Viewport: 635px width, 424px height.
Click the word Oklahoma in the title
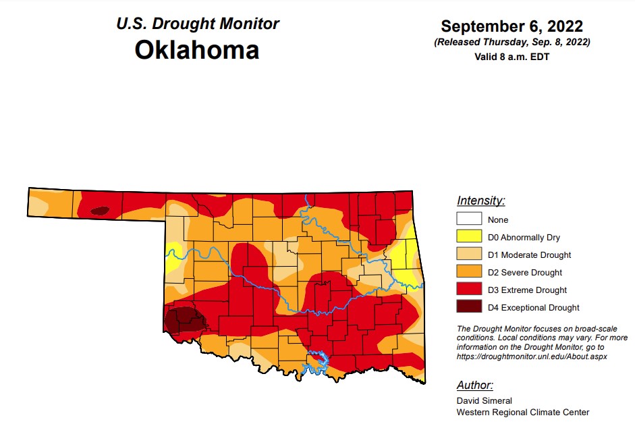click(196, 50)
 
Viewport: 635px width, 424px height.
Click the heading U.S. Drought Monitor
click(198, 24)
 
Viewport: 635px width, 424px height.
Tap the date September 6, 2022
click(512, 26)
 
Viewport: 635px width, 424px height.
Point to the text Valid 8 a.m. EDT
click(512, 57)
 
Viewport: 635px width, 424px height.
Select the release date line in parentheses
click(512, 43)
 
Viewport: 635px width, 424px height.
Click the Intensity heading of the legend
click(480, 201)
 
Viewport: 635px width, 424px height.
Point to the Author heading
click(474, 386)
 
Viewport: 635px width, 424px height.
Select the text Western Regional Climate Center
click(522, 412)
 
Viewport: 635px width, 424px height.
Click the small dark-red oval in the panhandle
click(99, 211)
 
